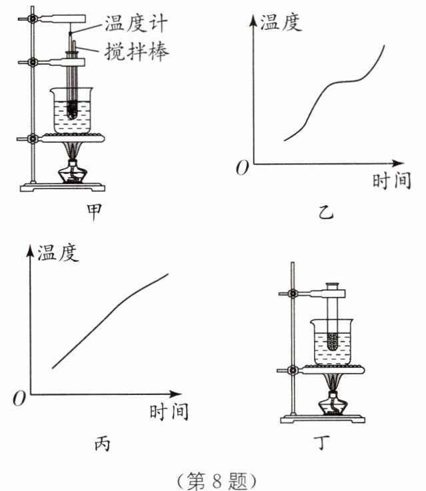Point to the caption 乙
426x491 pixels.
(x=327, y=212)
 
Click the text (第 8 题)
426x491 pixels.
(x=213, y=477)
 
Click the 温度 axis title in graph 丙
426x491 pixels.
(x=58, y=252)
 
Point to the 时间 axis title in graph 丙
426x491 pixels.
(x=168, y=411)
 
